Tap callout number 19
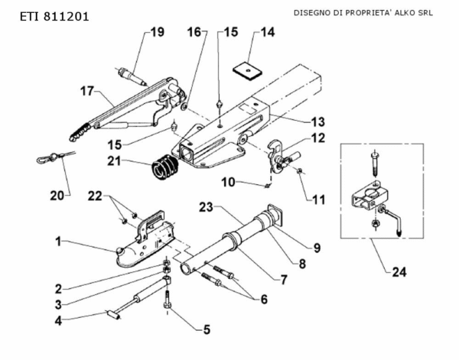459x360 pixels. tap(156, 32)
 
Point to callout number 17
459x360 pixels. tap(86, 91)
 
